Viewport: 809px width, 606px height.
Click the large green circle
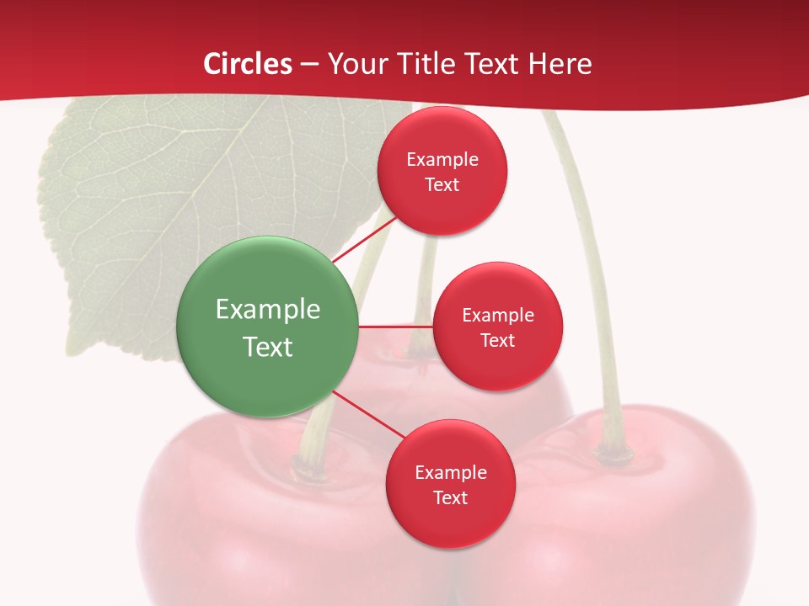coord(268,327)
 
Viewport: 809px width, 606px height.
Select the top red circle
coord(442,171)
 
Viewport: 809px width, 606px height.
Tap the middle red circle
coord(497,327)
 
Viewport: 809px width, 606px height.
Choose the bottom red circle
coord(450,484)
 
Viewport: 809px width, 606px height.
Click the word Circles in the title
coord(248,64)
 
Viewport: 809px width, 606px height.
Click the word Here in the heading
coord(560,64)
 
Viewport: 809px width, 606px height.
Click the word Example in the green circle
coord(268,310)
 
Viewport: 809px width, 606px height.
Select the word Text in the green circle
coord(268,347)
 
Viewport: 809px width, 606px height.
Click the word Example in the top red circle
coord(442,160)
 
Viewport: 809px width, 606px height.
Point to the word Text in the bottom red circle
coord(450,497)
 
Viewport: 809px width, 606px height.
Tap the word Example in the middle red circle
coord(498,316)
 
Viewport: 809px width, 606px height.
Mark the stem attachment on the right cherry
coord(613,454)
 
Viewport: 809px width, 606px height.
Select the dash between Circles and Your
coord(309,65)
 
